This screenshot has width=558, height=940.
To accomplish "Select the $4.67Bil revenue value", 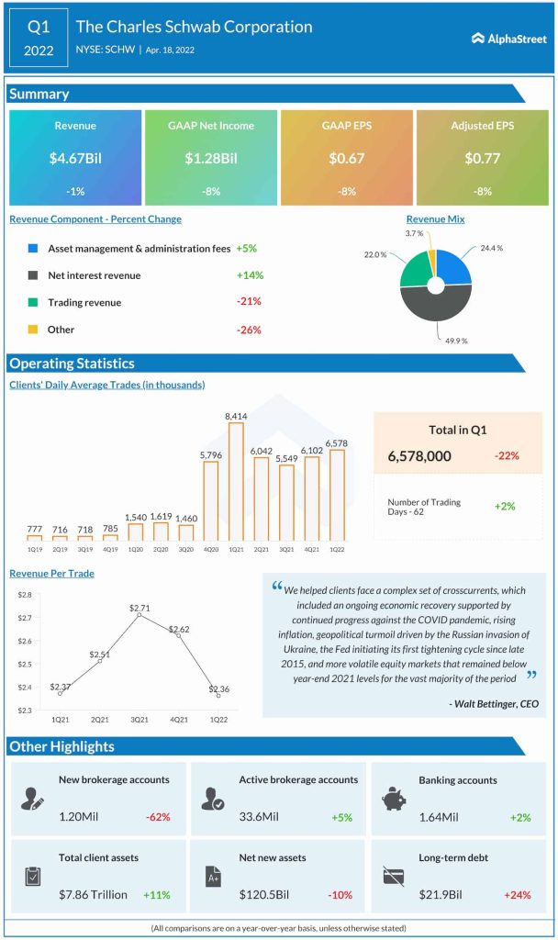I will tap(75, 158).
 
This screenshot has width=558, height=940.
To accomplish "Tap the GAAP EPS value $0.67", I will tap(347, 158).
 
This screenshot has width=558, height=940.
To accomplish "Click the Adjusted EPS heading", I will tap(483, 125).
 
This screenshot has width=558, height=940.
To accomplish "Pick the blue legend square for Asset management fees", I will tap(33, 248).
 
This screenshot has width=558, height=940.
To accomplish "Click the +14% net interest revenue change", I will tap(249, 275).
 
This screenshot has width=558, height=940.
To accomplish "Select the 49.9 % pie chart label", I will tap(458, 340).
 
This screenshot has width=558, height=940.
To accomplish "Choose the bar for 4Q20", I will tap(210, 501).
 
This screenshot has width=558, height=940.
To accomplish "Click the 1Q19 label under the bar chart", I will tap(34, 549).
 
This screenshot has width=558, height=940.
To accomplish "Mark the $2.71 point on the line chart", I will tap(139, 614).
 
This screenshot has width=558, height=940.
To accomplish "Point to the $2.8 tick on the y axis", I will tap(24, 596).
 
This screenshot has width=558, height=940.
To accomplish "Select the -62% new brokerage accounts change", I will tap(158, 817).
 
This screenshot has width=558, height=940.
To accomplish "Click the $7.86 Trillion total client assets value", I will tap(93, 894).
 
